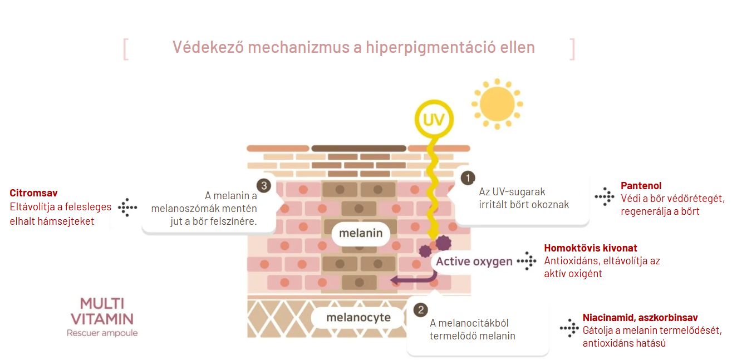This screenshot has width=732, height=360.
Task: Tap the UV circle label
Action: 434,120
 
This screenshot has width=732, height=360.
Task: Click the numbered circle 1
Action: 468,177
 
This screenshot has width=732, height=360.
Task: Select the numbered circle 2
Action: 421,310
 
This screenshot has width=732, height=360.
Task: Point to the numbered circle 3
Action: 264,185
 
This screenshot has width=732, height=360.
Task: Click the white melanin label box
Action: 361,233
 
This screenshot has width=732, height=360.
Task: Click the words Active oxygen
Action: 474,262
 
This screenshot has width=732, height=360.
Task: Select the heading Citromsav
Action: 33,193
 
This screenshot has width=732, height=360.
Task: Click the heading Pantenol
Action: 641,186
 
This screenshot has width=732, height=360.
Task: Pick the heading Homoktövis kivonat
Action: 591,248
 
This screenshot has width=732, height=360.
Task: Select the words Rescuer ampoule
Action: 102,333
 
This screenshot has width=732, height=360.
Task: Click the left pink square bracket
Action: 126,49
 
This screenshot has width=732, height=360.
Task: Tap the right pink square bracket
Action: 572,49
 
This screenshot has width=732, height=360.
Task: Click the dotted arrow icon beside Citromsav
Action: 127,207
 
